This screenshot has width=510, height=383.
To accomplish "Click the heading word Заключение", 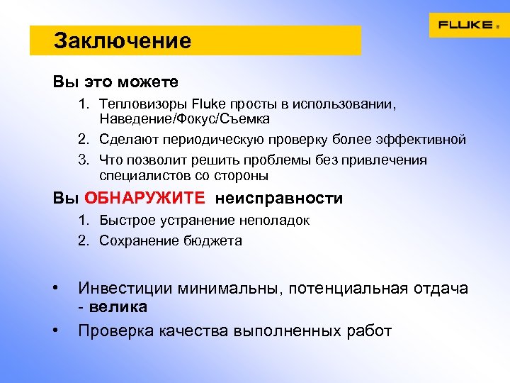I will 123,41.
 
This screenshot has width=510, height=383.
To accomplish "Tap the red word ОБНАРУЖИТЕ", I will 145,199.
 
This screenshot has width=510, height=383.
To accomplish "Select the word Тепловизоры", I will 139,105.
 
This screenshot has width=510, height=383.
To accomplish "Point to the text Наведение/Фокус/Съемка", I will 184,119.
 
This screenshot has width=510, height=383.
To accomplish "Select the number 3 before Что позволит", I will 82,160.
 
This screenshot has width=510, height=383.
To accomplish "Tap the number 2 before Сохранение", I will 82,240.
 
